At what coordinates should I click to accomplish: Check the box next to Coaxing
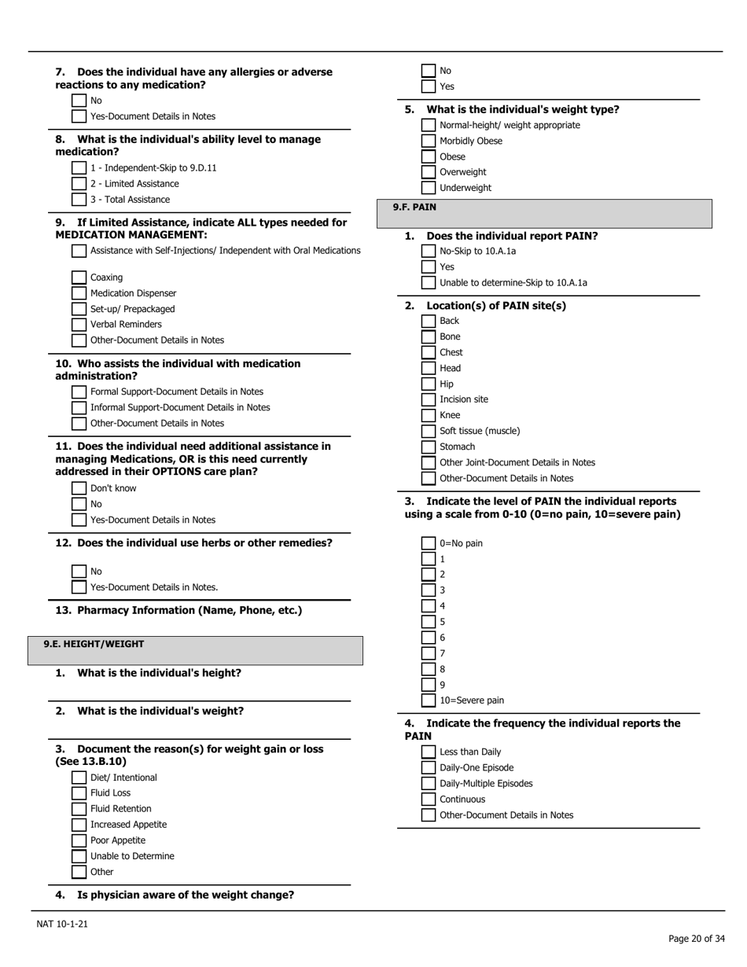click(79, 278)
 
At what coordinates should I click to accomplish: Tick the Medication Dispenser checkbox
click(79, 293)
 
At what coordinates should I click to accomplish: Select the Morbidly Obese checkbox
click(429, 141)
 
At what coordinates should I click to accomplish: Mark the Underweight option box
click(429, 188)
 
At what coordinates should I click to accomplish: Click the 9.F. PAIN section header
click(414, 208)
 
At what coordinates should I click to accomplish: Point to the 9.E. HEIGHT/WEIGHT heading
click(94, 644)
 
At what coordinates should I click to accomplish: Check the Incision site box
click(429, 399)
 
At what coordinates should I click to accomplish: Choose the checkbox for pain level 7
click(429, 653)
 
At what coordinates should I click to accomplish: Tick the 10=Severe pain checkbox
click(429, 700)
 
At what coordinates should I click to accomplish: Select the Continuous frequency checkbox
click(429, 800)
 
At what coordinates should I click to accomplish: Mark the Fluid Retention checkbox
click(79, 809)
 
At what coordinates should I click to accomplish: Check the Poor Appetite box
click(79, 840)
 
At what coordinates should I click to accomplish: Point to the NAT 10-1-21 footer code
click(62, 924)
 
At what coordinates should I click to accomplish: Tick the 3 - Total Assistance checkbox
click(79, 200)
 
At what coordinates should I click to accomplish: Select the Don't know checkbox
click(79, 488)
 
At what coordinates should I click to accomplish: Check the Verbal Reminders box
click(79, 325)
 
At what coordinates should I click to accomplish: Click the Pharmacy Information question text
click(189, 610)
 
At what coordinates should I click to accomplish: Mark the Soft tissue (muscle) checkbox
click(429, 431)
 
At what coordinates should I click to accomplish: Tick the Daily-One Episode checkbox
click(429, 768)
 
